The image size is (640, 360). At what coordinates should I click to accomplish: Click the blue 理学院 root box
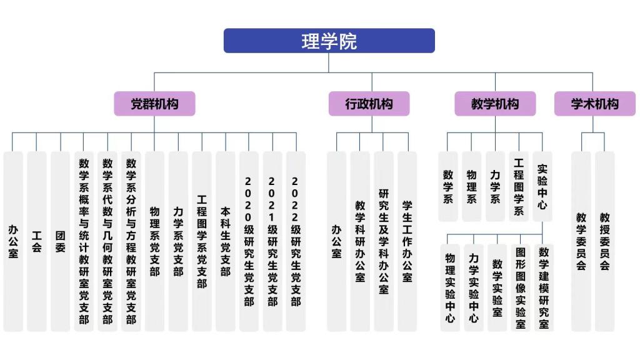click(329, 41)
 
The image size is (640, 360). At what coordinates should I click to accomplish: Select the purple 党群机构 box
click(154, 104)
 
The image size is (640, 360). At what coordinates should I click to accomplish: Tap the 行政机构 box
click(369, 104)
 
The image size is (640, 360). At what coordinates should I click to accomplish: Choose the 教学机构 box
click(495, 104)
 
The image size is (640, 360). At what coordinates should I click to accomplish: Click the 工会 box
click(37, 241)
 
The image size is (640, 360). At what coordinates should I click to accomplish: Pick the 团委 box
click(61, 241)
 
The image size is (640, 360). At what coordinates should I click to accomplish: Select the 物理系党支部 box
click(154, 241)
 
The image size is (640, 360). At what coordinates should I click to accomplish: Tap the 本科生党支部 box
click(225, 241)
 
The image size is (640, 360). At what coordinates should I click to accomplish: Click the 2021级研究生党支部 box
click(272, 241)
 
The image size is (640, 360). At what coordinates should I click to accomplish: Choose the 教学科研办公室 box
click(360, 241)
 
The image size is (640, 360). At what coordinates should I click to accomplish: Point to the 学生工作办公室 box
click(407, 241)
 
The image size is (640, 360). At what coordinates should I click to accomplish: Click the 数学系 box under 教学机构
click(448, 186)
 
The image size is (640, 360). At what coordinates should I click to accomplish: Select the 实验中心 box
click(542, 186)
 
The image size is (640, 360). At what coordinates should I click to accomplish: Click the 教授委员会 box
click(604, 241)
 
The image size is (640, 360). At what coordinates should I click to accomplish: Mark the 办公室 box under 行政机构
click(336, 241)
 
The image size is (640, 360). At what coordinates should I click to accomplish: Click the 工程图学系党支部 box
click(201, 241)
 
